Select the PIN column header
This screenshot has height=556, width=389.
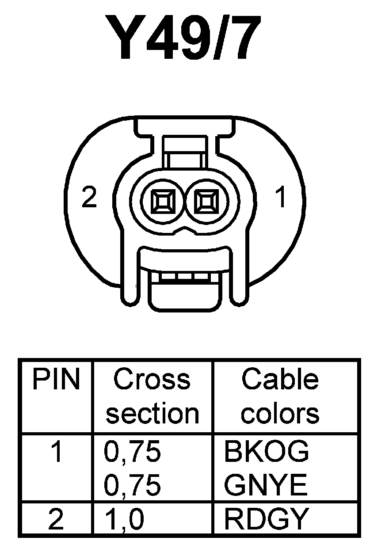tap(56, 380)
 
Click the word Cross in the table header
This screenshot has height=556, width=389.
tap(152, 380)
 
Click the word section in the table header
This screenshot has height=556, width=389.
tap(153, 413)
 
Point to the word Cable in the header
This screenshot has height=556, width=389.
tap(280, 380)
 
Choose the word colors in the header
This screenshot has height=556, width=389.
tap(280, 413)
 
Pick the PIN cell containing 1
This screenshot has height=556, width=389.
tap(57, 453)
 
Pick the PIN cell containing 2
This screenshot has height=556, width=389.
tap(56, 520)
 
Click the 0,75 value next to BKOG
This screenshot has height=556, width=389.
tap(132, 453)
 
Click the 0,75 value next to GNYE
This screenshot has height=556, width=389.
tap(132, 486)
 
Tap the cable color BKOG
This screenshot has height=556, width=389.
tap(267, 453)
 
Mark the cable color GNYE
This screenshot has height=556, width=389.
tap(266, 486)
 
